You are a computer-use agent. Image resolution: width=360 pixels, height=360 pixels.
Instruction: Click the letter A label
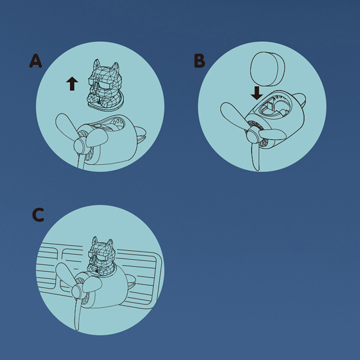36,61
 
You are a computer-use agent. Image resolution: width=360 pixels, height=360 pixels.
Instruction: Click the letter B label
199,61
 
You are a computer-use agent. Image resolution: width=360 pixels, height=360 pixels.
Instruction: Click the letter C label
38,215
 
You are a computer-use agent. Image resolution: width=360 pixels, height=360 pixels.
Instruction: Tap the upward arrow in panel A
72,84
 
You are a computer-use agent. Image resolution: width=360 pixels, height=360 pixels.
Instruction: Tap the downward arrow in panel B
256,93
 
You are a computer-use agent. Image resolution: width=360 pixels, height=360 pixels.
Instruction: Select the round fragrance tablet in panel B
267,69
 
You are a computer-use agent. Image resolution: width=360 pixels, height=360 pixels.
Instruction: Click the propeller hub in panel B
252,136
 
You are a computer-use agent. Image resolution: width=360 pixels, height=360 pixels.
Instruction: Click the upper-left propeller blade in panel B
234,115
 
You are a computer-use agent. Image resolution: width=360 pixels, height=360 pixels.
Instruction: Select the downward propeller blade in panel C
77,314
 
